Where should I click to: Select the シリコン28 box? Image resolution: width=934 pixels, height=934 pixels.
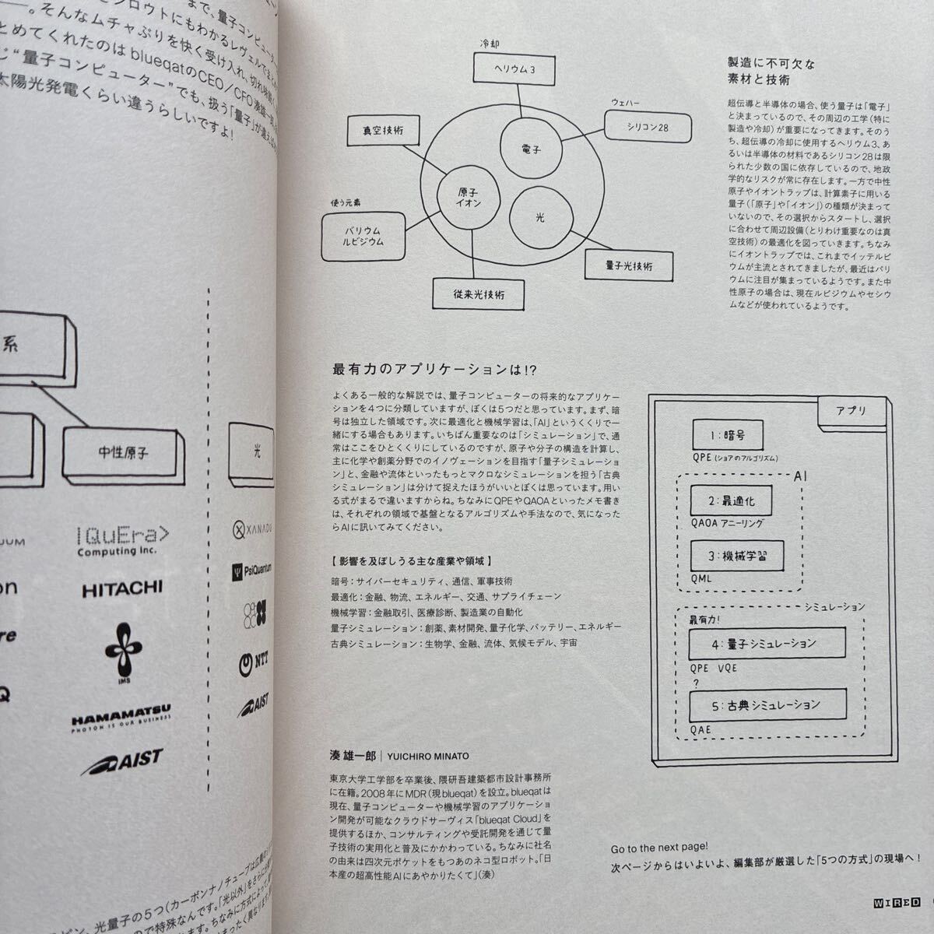point(648,126)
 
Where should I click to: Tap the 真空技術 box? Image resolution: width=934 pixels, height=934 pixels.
point(382,131)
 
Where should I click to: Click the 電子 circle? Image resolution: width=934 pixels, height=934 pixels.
point(532,148)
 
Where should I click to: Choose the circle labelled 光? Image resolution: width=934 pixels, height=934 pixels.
point(539,217)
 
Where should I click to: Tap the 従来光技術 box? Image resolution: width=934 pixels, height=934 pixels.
point(478,294)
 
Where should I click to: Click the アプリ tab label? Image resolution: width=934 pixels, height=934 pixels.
point(850,410)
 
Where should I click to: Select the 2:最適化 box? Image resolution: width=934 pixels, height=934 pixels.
point(734,503)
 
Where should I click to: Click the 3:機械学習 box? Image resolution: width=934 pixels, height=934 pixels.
point(736,556)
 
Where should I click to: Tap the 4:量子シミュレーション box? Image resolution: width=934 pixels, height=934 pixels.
point(766,643)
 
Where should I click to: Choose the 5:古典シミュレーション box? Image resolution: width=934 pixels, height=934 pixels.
point(767,704)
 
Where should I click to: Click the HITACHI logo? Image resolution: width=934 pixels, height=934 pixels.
point(122,588)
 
